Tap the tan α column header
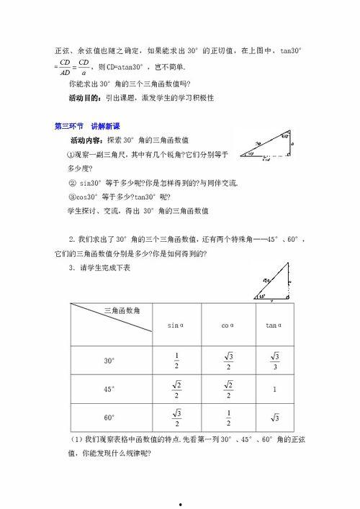(x=273, y=325)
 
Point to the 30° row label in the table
(x=109, y=360)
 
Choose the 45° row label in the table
(x=109, y=389)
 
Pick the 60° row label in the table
(x=109, y=417)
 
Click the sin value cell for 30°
(x=176, y=360)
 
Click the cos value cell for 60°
(x=228, y=417)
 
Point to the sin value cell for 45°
(x=176, y=389)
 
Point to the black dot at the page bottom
(x=180, y=502)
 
